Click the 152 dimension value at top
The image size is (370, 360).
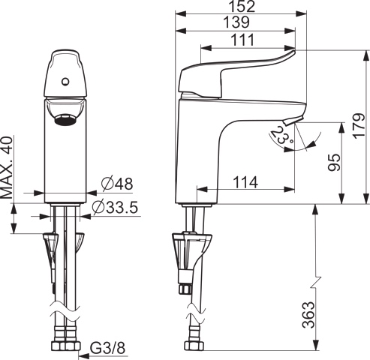tap(241, 6)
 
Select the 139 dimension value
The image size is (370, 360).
tap(236, 22)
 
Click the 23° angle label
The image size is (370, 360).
tap(281, 136)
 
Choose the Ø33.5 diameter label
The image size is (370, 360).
tap(116, 207)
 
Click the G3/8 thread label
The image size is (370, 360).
tap(107, 347)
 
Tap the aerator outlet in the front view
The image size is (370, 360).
tap(65, 117)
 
